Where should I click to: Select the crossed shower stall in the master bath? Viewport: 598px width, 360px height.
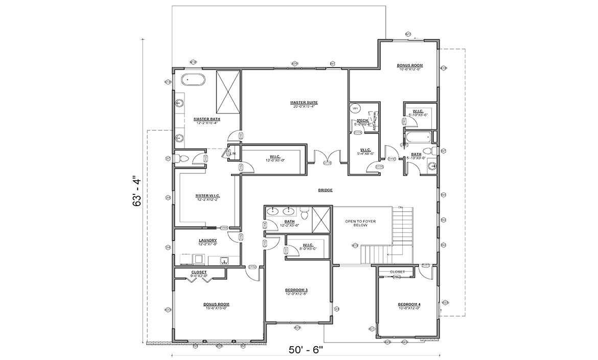coord(227,93)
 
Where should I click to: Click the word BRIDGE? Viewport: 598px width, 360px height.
coord(325,190)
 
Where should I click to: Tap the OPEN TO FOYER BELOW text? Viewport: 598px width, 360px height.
coord(360,224)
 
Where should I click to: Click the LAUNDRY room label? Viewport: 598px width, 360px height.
coord(208,240)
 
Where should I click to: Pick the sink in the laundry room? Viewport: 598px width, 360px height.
coord(224,261)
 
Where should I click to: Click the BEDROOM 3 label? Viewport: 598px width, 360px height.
coord(296,290)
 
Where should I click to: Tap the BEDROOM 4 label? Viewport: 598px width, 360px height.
coord(409,305)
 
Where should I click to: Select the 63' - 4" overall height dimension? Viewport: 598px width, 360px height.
coord(137,189)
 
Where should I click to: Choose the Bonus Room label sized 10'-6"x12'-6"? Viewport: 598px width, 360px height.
coord(409,65)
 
